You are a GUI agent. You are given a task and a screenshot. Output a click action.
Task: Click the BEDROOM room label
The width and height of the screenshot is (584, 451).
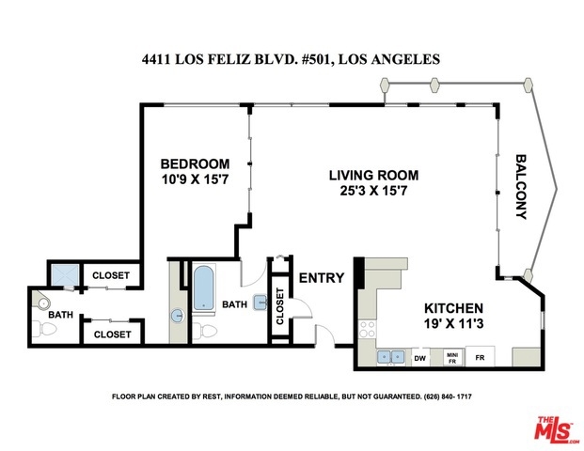click(195, 163)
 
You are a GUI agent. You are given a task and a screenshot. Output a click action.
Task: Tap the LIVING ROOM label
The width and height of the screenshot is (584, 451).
click(373, 176)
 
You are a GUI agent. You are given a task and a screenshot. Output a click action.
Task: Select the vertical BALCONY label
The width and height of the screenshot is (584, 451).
click(521, 187)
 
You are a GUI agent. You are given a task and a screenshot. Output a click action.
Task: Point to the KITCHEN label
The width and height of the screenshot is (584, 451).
click(453, 308)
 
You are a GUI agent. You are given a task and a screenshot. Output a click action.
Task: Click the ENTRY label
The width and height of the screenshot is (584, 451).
click(322, 277)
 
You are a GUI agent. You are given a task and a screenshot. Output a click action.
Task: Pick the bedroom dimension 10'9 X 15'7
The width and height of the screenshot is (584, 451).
click(195, 179)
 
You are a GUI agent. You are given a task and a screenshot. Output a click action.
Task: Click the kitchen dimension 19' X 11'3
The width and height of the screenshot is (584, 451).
click(453, 323)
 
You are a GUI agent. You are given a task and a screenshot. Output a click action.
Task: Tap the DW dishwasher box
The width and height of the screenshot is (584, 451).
click(420, 358)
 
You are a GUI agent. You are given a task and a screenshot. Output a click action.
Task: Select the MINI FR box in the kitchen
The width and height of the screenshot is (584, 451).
click(452, 358)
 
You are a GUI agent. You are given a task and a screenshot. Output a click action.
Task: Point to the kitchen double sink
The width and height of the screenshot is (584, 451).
click(390, 357)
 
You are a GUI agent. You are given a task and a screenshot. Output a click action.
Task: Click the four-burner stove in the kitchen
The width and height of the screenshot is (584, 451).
click(368, 329)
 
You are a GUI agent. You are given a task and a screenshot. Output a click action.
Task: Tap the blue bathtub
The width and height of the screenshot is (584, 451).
click(204, 288)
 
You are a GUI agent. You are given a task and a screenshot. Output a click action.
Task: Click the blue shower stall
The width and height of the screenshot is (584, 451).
click(65, 275)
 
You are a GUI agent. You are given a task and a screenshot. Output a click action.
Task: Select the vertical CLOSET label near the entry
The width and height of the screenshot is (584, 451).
click(280, 306)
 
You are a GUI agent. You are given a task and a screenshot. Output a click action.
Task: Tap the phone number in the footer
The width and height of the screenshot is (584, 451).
click(448, 397)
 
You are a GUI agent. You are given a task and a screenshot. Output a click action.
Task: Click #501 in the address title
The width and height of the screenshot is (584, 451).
click(317, 59)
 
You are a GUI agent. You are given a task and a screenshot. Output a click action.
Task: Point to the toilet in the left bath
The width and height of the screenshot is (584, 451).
click(44, 329)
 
